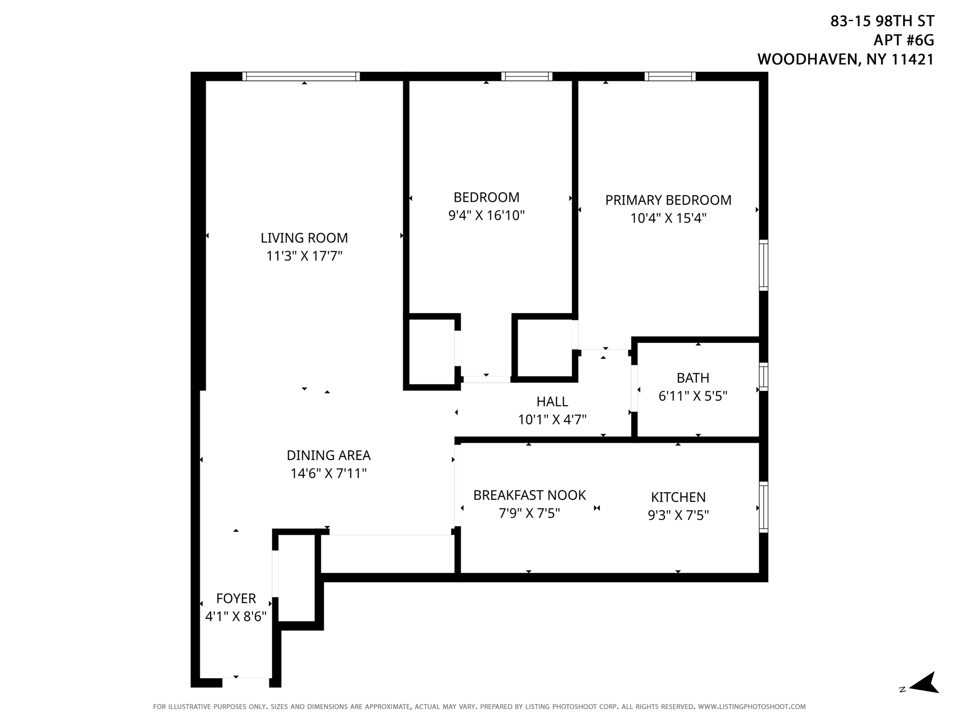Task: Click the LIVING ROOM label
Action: (x=304, y=238)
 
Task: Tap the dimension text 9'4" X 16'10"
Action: (x=487, y=215)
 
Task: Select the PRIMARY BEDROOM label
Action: (x=668, y=200)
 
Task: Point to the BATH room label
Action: (x=693, y=378)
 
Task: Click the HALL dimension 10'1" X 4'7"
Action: (x=552, y=419)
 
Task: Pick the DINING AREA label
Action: (x=329, y=455)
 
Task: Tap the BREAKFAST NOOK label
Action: (x=529, y=495)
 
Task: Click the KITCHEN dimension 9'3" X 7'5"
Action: (x=678, y=515)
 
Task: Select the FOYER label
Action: (x=236, y=598)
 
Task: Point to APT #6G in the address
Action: (x=904, y=40)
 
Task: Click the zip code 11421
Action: (x=912, y=60)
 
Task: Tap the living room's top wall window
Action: (x=301, y=77)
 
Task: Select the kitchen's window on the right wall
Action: (x=763, y=507)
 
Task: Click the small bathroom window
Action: (x=763, y=377)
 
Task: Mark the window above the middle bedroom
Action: (x=527, y=77)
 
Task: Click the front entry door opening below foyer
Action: (x=246, y=683)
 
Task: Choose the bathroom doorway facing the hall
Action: (x=634, y=388)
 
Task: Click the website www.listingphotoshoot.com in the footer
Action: (x=752, y=706)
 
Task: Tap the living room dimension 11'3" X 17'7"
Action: (x=304, y=256)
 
